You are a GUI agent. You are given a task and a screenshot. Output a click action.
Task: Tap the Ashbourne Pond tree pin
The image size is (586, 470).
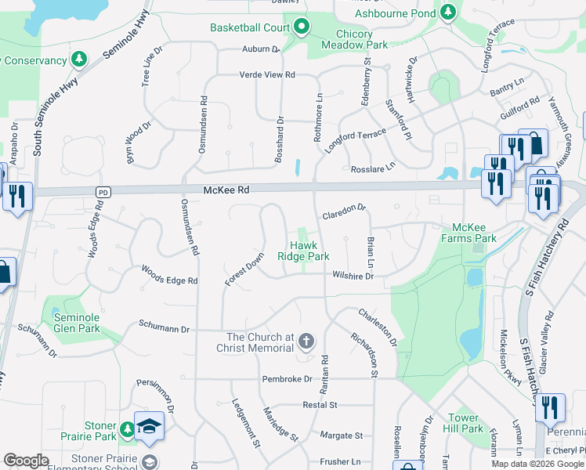pyautogui.click(x=447, y=13)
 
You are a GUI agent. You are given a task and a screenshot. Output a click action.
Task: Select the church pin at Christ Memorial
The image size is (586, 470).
pyautogui.click(x=306, y=342)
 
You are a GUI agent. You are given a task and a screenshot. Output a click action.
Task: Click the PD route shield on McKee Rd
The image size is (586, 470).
pyautogui.click(x=103, y=192)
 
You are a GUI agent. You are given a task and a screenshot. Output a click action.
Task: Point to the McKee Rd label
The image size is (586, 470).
pyautogui.click(x=226, y=190)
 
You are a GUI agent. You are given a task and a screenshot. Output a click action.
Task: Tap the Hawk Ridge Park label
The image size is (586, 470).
pyautogui.click(x=304, y=250)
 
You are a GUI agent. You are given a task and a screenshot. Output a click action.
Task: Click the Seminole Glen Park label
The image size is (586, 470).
pyautogui.click(x=77, y=323)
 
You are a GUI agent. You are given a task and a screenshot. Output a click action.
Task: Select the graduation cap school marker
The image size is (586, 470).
pyautogui.click(x=148, y=425)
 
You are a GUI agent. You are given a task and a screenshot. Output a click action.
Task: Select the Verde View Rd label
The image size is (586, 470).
pyautogui.click(x=267, y=74)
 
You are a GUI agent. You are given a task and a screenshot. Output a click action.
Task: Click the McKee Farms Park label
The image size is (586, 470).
pyautogui.click(x=468, y=233)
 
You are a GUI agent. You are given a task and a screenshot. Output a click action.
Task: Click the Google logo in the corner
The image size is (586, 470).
pyautogui.click(x=26, y=461)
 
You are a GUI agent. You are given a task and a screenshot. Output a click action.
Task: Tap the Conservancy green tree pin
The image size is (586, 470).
pyautogui.click(x=79, y=60)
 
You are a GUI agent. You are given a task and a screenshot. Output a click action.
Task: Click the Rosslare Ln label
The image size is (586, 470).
pyautogui.click(x=373, y=167)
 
